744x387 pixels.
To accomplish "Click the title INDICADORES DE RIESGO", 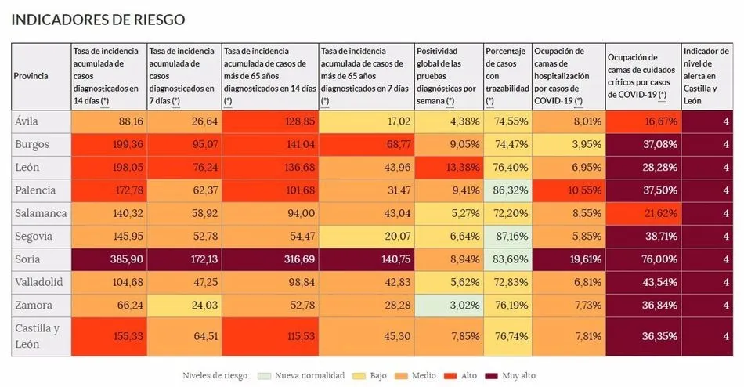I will tap(98, 20).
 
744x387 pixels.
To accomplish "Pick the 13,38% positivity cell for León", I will tap(449, 167).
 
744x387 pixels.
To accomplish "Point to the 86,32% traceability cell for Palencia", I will tap(507, 190).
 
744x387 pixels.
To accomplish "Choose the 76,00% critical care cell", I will tap(643, 259).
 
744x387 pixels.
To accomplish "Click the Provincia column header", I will tap(31, 76).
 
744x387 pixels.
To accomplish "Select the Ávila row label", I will tap(27, 121).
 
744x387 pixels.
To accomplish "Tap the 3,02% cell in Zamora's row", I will tap(449, 305).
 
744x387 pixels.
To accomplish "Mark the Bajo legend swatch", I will tap(362, 375).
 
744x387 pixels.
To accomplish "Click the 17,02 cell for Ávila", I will tap(367, 121).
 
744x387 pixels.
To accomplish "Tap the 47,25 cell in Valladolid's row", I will tap(184, 281).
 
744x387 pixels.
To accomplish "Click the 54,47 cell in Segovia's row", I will tap(270, 236).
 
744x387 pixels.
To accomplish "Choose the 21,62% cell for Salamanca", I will tap(643, 213).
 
